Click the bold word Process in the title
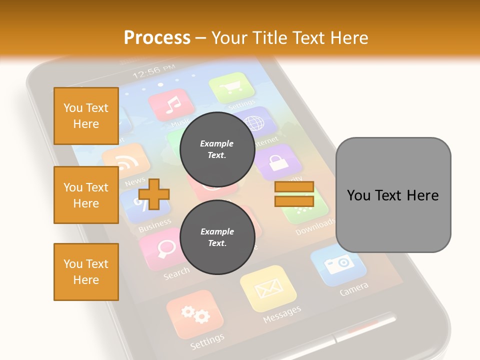click(157, 37)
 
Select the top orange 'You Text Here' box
click(86, 116)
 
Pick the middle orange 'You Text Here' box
click(86, 195)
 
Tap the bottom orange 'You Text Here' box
click(86, 272)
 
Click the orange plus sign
click(154, 193)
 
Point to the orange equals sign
click(294, 194)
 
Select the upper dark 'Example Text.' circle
click(217, 149)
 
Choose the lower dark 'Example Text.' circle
click(217, 237)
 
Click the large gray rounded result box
click(393, 195)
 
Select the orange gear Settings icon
click(195, 314)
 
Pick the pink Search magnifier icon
click(161, 248)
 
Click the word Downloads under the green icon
click(315, 227)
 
